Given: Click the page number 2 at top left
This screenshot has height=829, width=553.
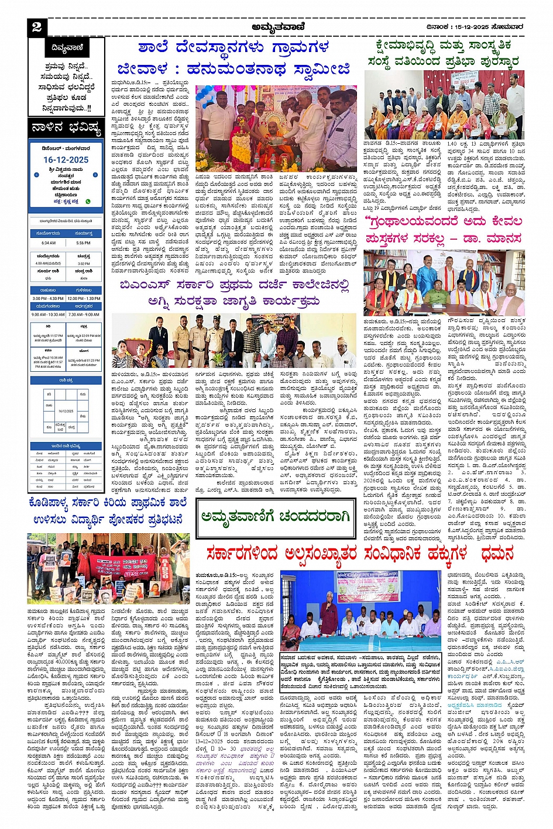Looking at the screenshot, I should pyautogui.click(x=37, y=27).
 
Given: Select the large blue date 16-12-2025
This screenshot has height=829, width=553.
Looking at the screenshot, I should pyautogui.click(x=66, y=160).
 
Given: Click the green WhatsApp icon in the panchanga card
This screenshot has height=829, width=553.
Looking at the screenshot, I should pyautogui.click(x=88, y=202).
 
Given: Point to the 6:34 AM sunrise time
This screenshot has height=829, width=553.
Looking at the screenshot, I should pyautogui.click(x=49, y=243).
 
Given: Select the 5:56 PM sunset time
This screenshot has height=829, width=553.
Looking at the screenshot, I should pyautogui.click(x=84, y=243).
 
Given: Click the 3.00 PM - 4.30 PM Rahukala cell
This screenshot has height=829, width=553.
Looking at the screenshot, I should pyautogui.click(x=48, y=298).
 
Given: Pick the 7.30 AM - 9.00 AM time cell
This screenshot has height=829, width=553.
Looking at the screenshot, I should pyautogui.click(x=84, y=314).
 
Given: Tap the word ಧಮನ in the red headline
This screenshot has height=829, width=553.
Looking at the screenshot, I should pyautogui.click(x=497, y=553).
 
